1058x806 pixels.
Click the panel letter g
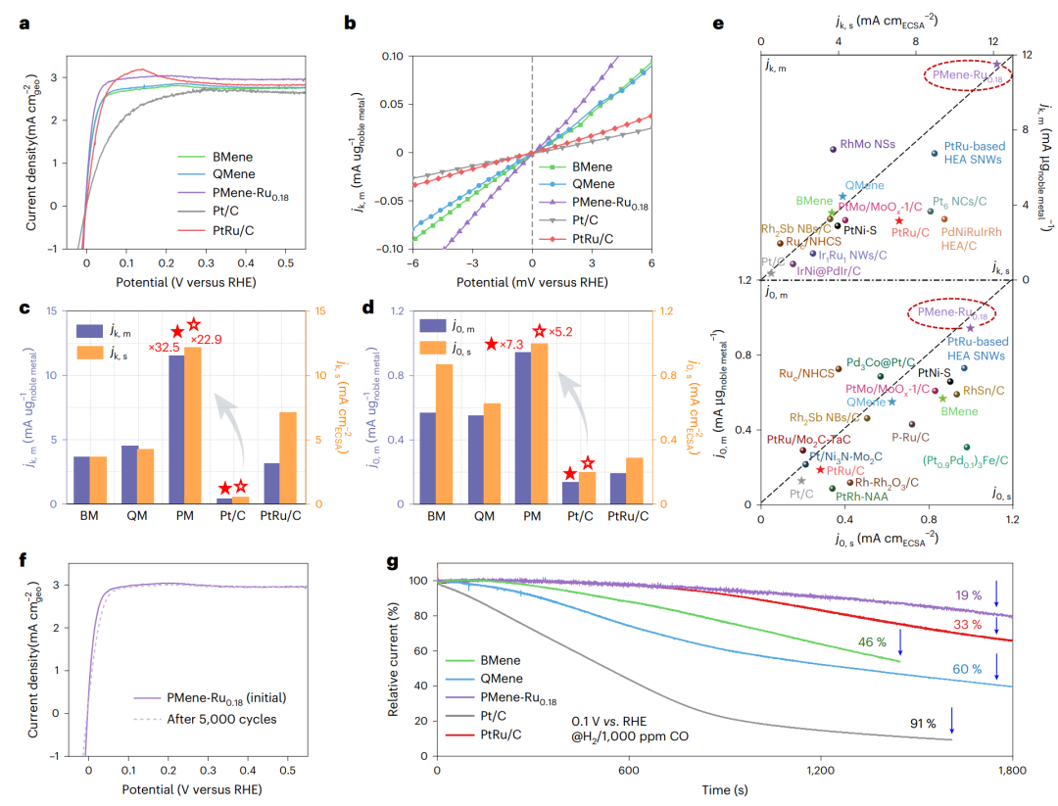coord(393,563)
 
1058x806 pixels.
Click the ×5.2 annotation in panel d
coord(563,332)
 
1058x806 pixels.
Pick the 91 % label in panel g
coord(923,724)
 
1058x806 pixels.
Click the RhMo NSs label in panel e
coord(868,145)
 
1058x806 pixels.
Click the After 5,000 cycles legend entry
coord(220,720)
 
